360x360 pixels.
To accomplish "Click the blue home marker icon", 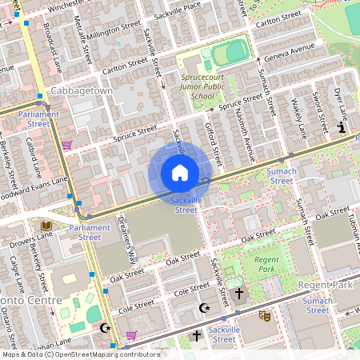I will tap(180, 173).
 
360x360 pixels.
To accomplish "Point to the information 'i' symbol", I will tap(342, 127).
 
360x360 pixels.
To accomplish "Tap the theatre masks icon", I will tap(265, 316).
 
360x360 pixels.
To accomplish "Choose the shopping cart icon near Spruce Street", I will tap(67, 145).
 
